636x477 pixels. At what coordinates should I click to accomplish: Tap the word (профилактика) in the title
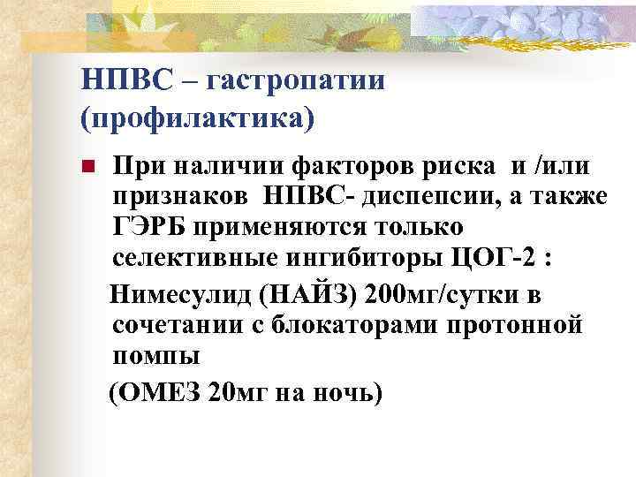pos(194,117)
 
